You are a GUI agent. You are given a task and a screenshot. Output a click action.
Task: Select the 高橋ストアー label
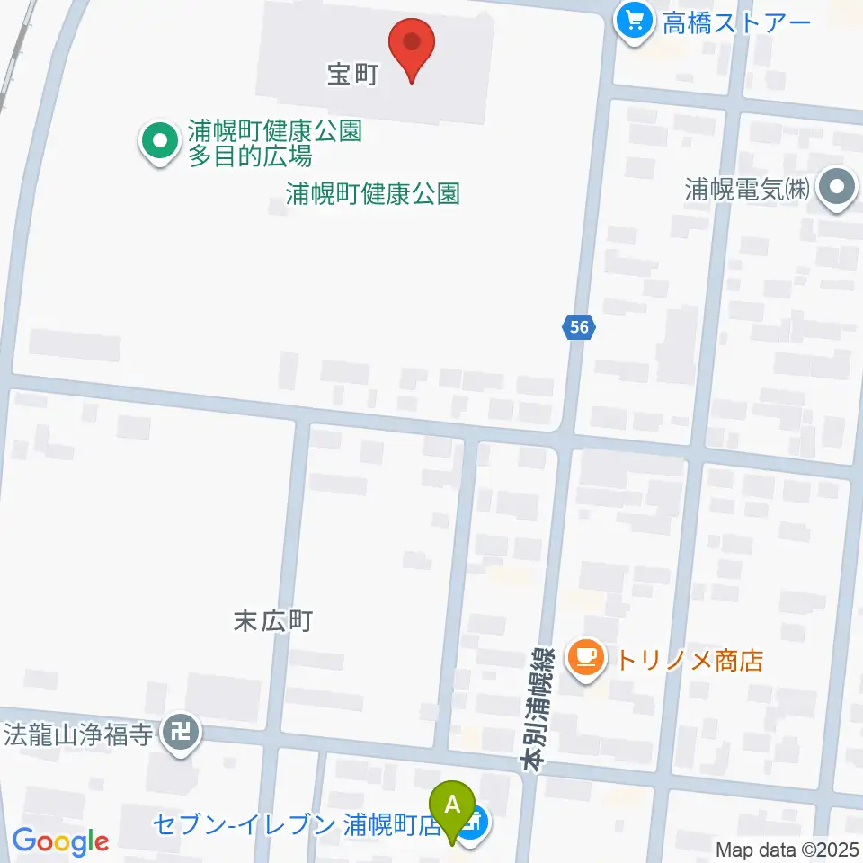point(737,22)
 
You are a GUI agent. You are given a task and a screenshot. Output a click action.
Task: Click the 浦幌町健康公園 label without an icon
point(373,193)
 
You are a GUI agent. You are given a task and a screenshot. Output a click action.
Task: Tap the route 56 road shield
point(579,327)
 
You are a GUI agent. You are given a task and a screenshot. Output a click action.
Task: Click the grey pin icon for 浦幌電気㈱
point(840,190)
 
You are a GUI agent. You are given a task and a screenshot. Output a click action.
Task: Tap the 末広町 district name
point(272,621)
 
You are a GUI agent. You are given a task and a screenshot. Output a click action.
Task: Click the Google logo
point(60,841)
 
